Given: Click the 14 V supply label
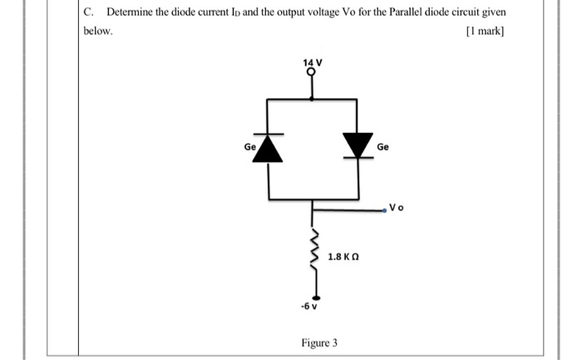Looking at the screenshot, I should coord(311,63).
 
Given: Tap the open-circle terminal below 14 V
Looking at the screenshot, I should coord(312,73).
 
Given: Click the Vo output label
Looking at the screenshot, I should coord(397,208).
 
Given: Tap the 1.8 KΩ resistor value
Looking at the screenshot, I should coord(343,257).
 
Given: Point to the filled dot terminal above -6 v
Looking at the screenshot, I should coord(313,295).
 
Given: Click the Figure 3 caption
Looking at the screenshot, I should coord(318,343).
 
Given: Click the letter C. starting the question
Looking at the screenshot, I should coord(89,12).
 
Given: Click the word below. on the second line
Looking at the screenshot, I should coord(97,32).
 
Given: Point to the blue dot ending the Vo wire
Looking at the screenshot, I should coord(385,211).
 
